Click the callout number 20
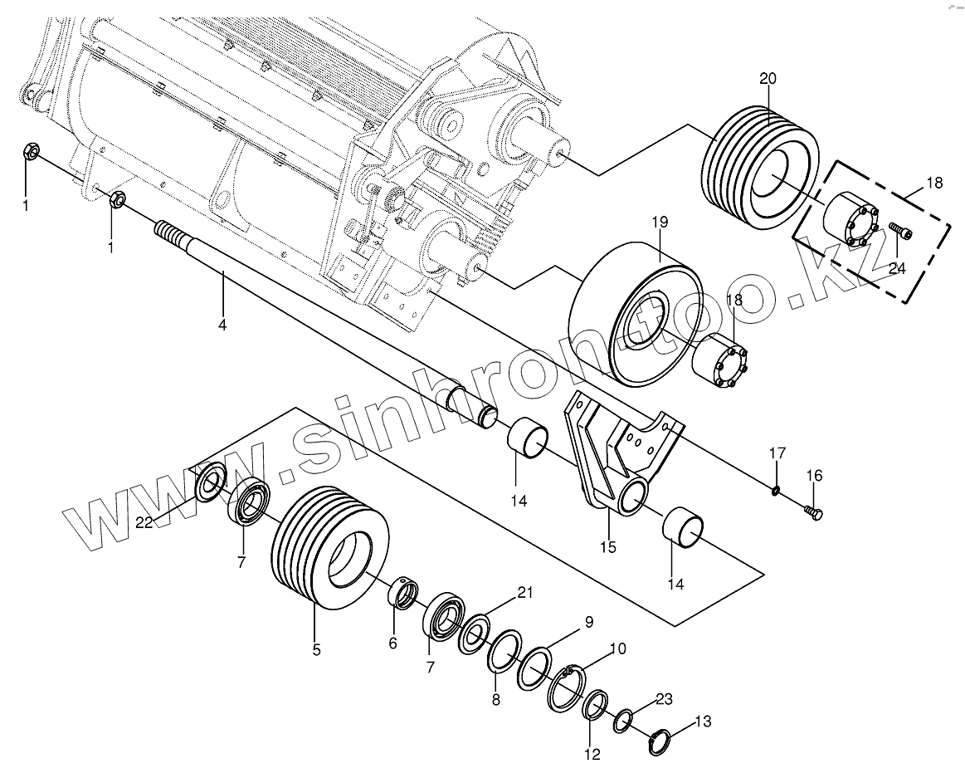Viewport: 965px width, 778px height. point(768,79)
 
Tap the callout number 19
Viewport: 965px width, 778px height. point(660,223)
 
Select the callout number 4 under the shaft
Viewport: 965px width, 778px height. point(222,325)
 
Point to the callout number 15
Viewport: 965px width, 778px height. point(608,546)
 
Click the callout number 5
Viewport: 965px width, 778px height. point(316,650)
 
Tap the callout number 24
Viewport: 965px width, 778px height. point(898,267)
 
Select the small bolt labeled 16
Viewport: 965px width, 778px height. point(813,513)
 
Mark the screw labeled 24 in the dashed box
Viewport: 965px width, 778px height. point(899,232)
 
